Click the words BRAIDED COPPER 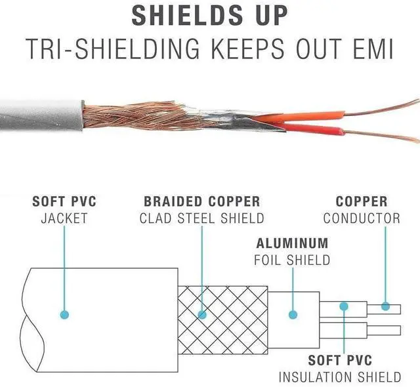tap(202, 201)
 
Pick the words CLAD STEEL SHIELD tap(201, 218)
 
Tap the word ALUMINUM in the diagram tap(291, 243)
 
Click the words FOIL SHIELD tap(292, 260)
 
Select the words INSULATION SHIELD tap(340, 377)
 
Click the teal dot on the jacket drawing tap(64, 315)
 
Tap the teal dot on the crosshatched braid tap(202, 315)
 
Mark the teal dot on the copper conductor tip tap(385, 306)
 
